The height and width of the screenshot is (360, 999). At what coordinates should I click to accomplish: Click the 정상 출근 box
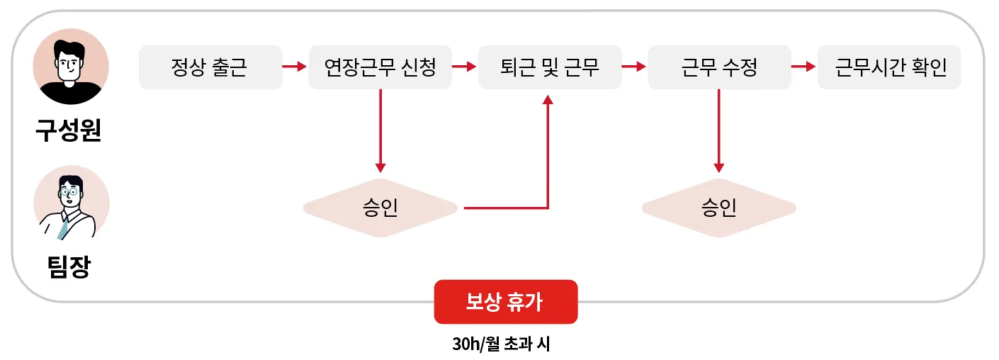210,67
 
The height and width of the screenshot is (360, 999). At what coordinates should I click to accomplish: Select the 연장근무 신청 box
380,67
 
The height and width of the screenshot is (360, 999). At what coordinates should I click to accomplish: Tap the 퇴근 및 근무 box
549,67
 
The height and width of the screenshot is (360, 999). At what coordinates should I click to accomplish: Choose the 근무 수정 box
719,67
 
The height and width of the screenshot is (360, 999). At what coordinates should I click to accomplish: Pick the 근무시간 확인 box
889,67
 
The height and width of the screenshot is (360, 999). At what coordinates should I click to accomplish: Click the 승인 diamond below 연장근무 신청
380,208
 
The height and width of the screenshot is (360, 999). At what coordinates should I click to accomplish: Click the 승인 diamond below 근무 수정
718,208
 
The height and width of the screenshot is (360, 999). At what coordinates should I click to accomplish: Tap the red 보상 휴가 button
505,302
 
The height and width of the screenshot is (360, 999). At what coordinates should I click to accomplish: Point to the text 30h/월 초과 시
501,344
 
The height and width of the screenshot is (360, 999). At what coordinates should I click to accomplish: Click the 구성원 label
69,131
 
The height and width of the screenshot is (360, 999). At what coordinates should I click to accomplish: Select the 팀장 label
69,266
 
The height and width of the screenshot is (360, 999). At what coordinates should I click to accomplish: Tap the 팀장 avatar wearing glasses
71,203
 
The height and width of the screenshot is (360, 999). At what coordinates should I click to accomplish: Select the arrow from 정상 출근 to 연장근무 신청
294,67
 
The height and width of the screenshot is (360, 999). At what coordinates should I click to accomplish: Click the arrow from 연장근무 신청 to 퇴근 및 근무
464,67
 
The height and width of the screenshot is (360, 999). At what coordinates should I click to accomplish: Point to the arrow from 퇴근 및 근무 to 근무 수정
634,67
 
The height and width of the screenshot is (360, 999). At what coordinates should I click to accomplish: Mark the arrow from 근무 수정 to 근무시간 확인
803,67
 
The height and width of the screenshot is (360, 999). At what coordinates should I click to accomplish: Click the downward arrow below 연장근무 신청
380,131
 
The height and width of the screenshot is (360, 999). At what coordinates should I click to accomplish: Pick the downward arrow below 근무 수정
718,131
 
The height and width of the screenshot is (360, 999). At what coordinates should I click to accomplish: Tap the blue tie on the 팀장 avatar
64,227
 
